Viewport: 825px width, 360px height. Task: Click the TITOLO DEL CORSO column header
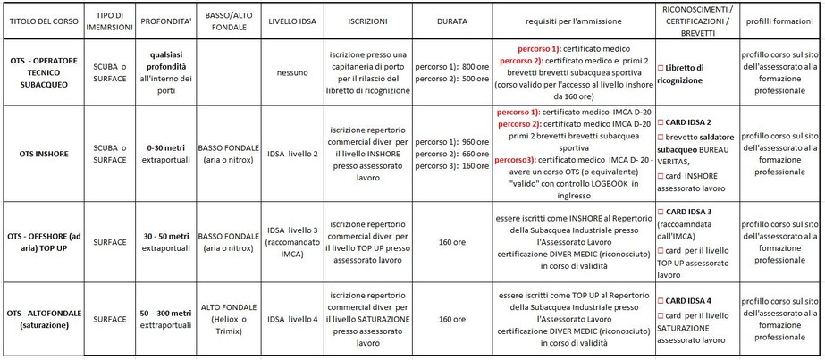[42, 18]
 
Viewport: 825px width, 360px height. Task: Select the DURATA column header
[451, 18]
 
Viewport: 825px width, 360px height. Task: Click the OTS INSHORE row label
[42, 153]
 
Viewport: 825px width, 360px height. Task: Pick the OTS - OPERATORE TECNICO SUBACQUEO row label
[42, 72]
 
